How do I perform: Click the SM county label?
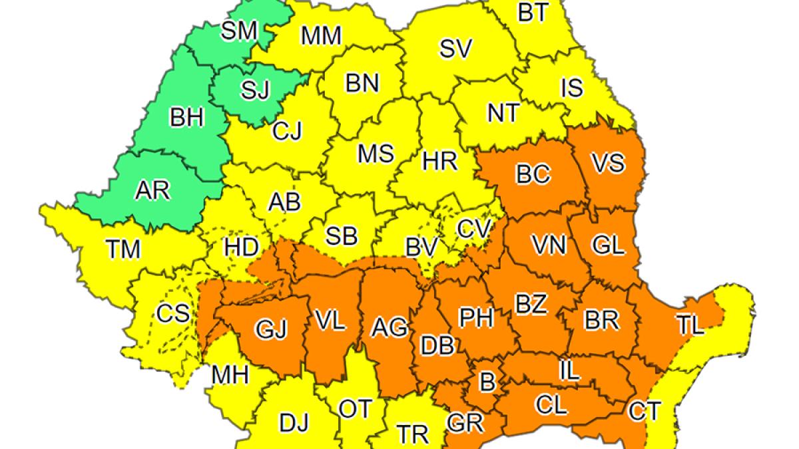point(238,31)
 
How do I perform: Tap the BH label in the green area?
point(186,119)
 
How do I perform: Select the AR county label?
point(152,191)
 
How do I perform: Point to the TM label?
point(123,249)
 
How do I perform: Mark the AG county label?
point(389,326)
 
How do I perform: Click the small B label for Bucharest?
point(488,382)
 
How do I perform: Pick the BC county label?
point(533,174)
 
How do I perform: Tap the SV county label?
point(456,48)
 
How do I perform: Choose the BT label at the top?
point(533,13)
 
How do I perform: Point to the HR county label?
point(439,160)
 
